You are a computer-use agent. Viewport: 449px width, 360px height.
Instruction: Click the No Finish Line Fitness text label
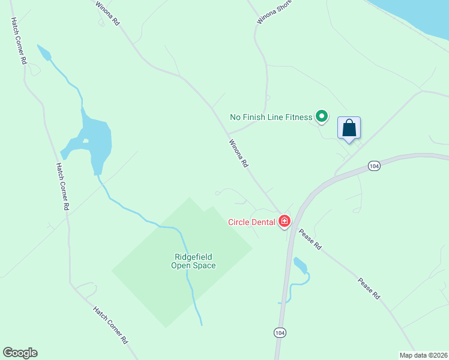271,117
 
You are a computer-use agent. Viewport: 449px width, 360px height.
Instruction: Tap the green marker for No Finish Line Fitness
322,116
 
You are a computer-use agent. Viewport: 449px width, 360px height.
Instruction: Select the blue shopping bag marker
349,128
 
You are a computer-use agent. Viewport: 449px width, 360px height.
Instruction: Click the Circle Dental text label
252,222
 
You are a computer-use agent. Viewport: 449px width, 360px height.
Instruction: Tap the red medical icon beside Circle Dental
285,222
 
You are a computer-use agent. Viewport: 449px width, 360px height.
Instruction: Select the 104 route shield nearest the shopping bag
374,166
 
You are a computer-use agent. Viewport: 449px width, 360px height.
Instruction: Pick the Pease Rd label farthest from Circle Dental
369,288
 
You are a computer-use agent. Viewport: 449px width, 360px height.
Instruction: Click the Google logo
20,353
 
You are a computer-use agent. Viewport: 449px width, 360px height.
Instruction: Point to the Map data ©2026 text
423,355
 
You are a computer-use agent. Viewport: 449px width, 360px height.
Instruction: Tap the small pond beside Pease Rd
300,266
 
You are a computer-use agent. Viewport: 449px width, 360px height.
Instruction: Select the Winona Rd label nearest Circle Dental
238,154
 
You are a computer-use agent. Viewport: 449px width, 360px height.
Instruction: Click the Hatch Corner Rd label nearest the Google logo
110,324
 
